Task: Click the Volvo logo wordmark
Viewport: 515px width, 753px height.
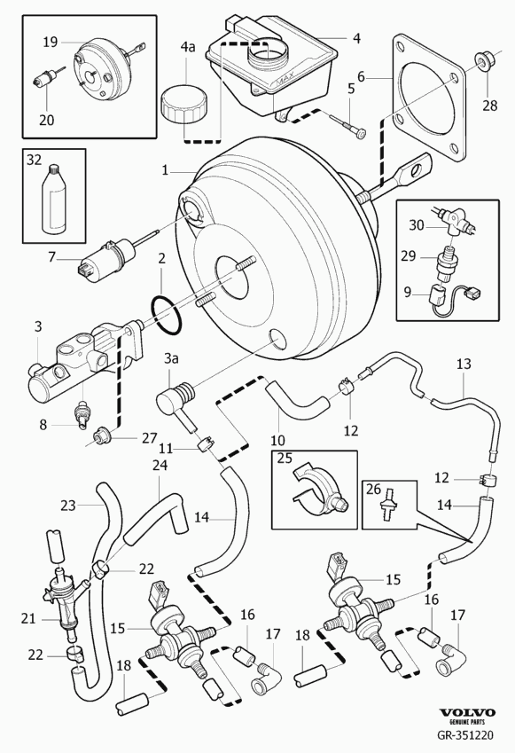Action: (x=467, y=713)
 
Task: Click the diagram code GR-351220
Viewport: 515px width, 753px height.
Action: (x=464, y=735)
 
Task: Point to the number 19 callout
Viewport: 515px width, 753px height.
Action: (x=51, y=43)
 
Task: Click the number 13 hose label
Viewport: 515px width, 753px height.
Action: (x=464, y=364)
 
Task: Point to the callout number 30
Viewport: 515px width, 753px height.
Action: (x=417, y=224)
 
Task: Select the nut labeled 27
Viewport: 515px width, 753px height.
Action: (x=102, y=435)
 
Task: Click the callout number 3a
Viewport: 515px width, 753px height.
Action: (x=171, y=358)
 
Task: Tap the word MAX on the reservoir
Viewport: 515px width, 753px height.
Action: (x=285, y=85)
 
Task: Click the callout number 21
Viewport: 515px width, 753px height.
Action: (x=28, y=618)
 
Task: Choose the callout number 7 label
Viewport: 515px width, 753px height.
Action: (x=51, y=257)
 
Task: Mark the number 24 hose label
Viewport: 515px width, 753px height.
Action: (x=160, y=466)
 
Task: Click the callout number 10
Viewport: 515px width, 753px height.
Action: (x=278, y=440)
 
